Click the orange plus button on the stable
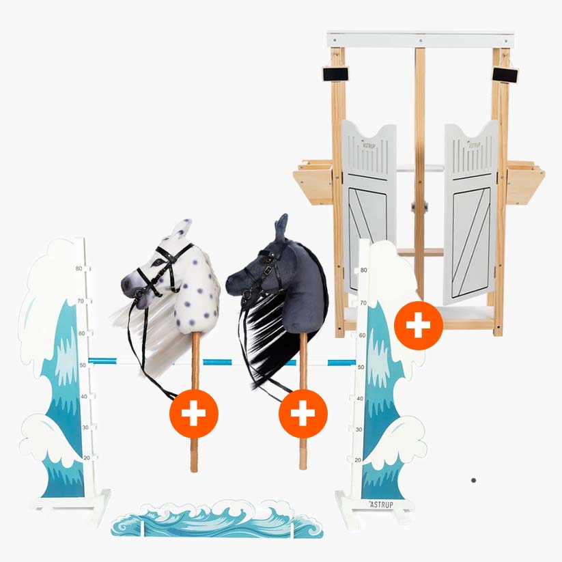pyautogui.click(x=418, y=326)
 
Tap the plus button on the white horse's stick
pyautogui.click(x=194, y=413)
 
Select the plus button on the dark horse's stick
pyautogui.click(x=303, y=413)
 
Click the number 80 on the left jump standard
pyautogui.click(x=79, y=268)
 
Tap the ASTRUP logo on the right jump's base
pyautogui.click(x=380, y=504)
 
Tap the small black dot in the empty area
pyautogui.click(x=473, y=480)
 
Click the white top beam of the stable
pyautogui.click(x=420, y=39)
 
